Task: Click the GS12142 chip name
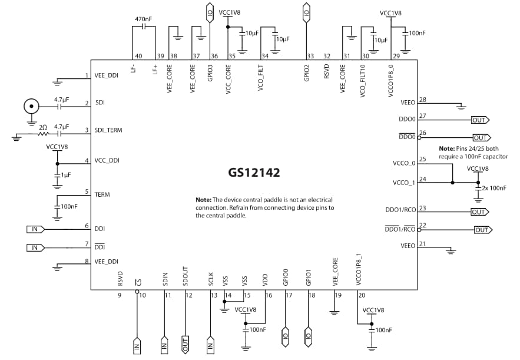pos(254,173)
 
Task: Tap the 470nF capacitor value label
pos(143,19)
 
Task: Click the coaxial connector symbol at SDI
pos(31,107)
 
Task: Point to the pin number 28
pos(422,100)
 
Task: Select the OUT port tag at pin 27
pos(480,120)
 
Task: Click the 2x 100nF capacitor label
pos(493,188)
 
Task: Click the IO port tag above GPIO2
pos(306,11)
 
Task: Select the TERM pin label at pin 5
pos(101,194)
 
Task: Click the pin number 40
pos(138,57)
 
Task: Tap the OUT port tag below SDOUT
pos(185,344)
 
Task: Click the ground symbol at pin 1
pos(57,83)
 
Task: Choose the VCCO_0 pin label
pos(403,163)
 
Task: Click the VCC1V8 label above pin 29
pos(390,12)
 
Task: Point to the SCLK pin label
pos(211,278)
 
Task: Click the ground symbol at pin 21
pos(451,252)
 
